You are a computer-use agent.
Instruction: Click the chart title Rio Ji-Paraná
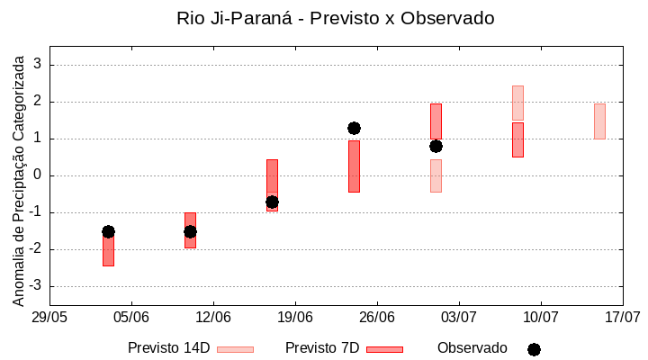coord(336,18)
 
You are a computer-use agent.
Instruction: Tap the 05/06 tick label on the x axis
coord(131,317)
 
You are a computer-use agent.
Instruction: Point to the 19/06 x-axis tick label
coord(295,317)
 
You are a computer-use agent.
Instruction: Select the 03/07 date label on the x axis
coord(459,317)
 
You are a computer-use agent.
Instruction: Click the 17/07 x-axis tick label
coord(622,317)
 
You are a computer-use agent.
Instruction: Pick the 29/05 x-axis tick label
coord(49,317)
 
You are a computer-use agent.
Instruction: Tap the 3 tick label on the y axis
coord(38,65)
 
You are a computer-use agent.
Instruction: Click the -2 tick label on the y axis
coord(35,249)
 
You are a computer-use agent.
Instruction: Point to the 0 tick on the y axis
coord(38,175)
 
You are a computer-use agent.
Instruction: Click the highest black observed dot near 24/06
coord(354,129)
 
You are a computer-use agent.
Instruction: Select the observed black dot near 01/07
coord(436,146)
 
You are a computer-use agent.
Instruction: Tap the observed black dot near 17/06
coord(272,202)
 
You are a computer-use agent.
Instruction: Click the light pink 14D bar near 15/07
coord(599,121)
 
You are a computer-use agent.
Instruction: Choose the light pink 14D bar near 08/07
coord(517,103)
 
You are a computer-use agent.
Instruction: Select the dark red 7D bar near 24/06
coord(354,166)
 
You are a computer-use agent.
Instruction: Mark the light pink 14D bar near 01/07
coord(436,175)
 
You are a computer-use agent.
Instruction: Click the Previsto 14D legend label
coord(168,348)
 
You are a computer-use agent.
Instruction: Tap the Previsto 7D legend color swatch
coord(384,349)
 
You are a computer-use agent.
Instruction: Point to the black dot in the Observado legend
coord(534,349)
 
